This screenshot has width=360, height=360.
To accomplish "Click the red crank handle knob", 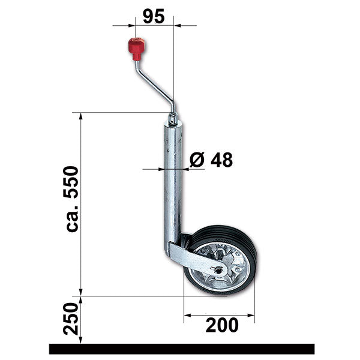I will coord(135,46).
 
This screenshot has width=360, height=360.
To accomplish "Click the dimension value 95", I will coord(154,16).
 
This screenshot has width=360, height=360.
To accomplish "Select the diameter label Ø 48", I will coord(211,160).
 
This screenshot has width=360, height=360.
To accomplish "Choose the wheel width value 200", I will coord(221,325).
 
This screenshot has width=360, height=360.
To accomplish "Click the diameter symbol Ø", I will coord(197,160).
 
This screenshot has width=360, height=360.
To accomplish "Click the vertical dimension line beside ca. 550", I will coord(82,204).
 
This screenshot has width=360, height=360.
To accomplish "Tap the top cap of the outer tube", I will coord(172,121).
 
